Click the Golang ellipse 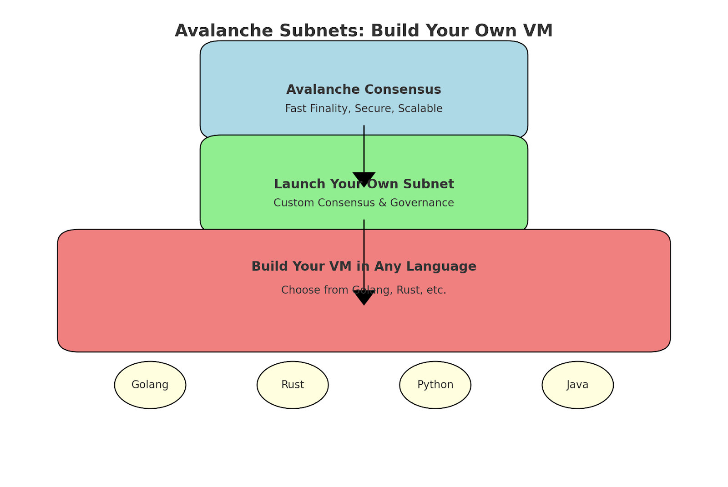(x=150, y=385)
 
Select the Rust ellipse (x=293, y=385)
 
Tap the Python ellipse (x=435, y=385)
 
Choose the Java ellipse (x=577, y=385)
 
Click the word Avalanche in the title (x=224, y=31)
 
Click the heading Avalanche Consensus (x=364, y=89)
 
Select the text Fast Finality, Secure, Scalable (x=364, y=108)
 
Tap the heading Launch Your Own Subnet (x=364, y=184)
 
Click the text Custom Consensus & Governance (x=364, y=202)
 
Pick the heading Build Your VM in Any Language (x=364, y=266)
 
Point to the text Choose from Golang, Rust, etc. (x=364, y=290)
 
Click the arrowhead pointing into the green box (x=364, y=179)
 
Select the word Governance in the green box (x=422, y=202)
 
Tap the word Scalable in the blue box (x=420, y=108)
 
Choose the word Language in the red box (x=441, y=267)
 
